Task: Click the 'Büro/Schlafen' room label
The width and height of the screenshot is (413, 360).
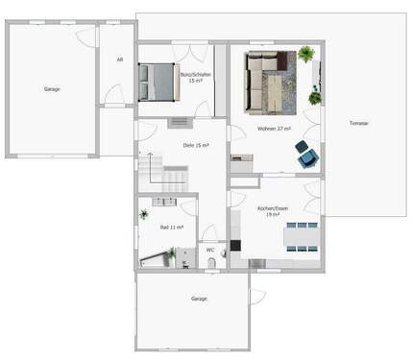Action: [196, 77]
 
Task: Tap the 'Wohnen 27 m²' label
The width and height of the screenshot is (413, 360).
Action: [274, 130]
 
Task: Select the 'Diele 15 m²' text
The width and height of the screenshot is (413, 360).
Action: [195, 145]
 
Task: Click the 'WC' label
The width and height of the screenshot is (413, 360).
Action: [210, 251]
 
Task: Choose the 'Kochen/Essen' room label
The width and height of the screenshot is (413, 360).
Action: [273, 211]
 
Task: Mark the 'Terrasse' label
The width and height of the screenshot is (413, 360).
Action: [359, 123]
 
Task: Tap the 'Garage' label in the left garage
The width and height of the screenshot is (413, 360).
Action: [52, 89]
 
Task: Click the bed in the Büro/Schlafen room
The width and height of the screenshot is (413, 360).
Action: [158, 82]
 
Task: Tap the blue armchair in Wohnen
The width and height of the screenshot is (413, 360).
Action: [306, 156]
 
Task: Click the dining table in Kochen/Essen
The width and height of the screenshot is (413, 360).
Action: [301, 234]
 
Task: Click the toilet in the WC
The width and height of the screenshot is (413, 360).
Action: [222, 252]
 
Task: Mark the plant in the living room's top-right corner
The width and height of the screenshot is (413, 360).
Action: [306, 55]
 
